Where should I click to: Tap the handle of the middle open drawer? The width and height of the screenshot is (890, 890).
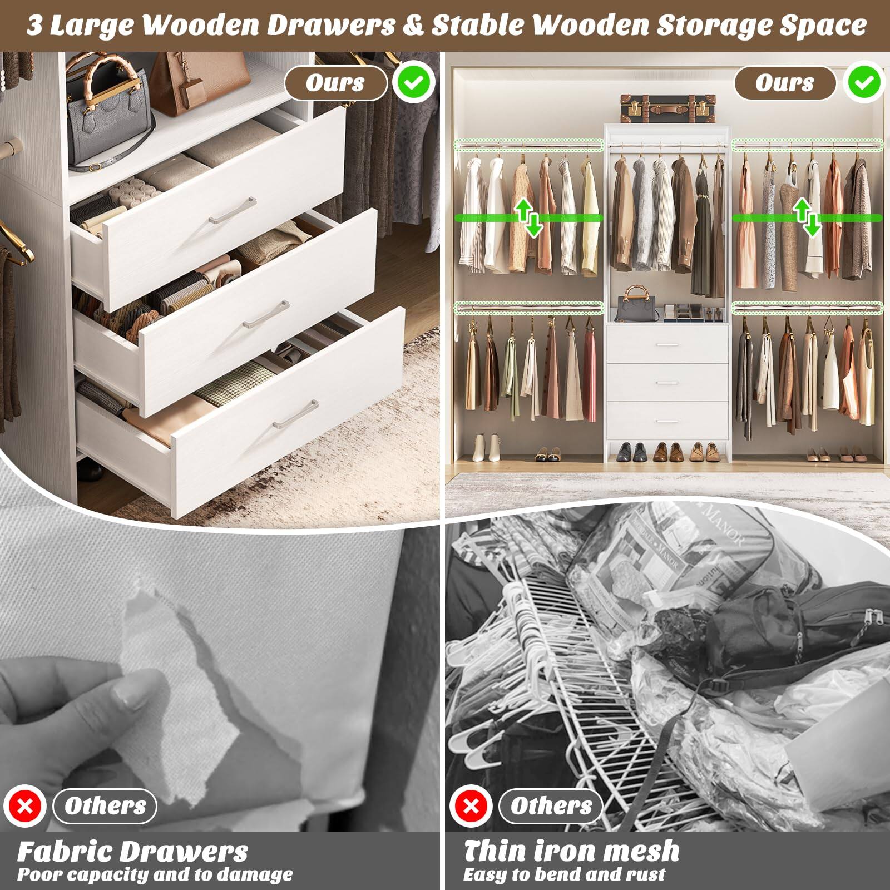[266, 315]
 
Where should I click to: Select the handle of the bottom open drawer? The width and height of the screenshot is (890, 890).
[295, 414]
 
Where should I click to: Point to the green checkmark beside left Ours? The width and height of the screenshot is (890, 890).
[413, 83]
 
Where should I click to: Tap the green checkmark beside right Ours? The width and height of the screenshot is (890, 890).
[864, 83]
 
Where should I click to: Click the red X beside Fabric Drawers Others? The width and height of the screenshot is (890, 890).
[25, 806]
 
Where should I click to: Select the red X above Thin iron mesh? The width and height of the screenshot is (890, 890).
[471, 806]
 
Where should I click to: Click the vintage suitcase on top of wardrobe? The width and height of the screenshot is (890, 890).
[667, 108]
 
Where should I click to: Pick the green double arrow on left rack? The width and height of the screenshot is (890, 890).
[528, 217]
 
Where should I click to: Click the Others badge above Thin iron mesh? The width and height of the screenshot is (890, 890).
[551, 806]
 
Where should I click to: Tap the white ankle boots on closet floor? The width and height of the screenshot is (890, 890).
[485, 447]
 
